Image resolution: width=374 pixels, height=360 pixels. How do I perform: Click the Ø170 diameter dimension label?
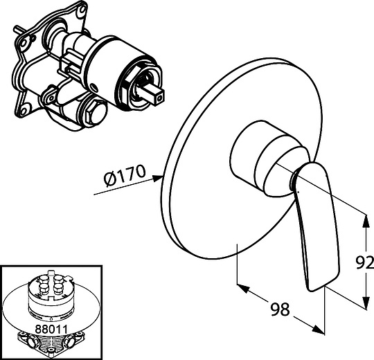[125, 175]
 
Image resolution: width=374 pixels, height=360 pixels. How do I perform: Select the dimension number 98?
[280, 309]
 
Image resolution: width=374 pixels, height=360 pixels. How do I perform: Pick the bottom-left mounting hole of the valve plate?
[23, 111]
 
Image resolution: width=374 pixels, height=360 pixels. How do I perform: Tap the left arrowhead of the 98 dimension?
[242, 288]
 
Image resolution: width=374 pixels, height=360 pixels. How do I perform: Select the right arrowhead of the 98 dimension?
[319, 330]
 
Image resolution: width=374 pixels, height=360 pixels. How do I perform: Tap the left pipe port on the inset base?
[33, 343]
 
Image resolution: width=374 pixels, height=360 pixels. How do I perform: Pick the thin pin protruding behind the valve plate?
[19, 29]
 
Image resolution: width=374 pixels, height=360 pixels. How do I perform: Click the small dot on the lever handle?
[299, 191]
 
